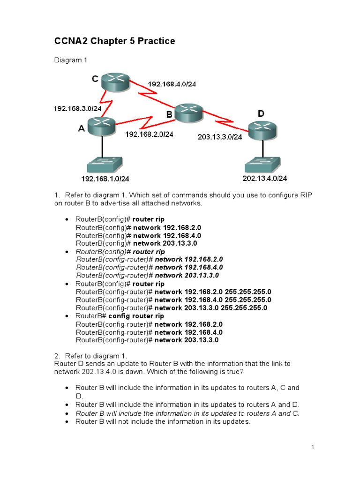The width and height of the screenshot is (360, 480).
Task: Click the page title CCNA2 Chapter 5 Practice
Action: tap(114, 41)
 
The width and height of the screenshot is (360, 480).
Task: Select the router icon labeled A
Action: tap(101, 126)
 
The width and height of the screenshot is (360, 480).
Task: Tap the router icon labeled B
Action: tap(188, 112)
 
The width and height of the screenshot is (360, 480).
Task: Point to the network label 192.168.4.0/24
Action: tap(172, 84)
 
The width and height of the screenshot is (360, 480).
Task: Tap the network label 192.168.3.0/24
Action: tap(78, 108)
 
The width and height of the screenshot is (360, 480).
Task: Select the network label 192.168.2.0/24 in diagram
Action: tap(149, 134)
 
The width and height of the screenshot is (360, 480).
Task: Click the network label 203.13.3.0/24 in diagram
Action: tap(219, 137)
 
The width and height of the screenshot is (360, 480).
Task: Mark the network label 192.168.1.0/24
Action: tap(105, 179)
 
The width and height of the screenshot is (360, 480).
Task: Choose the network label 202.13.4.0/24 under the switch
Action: tap(264, 179)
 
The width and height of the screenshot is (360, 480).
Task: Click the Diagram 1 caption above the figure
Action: tap(71, 60)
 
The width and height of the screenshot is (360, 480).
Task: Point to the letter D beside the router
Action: tap(261, 114)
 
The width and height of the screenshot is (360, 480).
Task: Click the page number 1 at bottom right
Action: tap(312, 448)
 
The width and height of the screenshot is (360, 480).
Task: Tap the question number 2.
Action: tap(57, 356)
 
